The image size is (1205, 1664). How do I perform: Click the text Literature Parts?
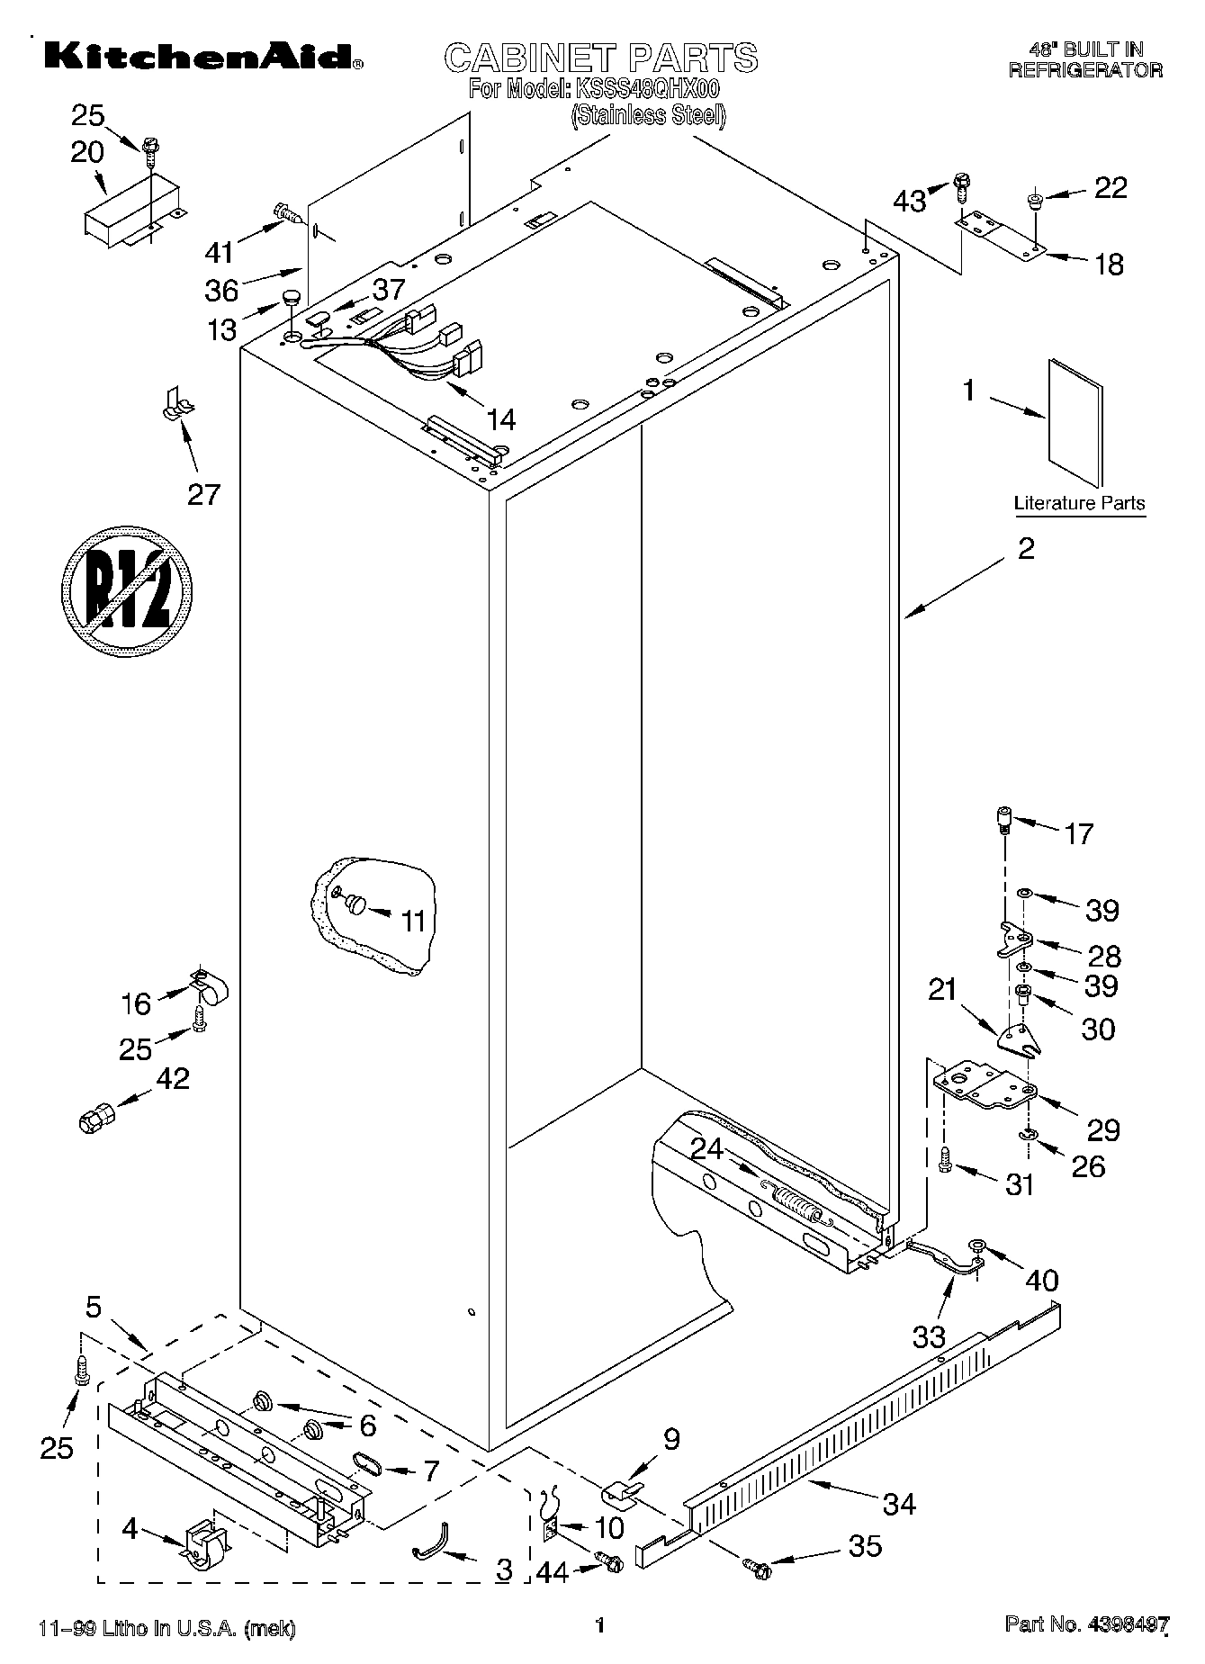pos(1079,503)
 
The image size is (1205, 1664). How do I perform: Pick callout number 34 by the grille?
pos(899,1503)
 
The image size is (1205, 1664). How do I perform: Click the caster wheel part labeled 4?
pos(207,1543)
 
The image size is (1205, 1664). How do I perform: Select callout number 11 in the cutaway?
pos(412,921)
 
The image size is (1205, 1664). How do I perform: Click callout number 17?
pos(1079,834)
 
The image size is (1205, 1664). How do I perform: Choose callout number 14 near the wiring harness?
pos(500,418)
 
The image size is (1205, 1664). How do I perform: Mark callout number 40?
pos(1042,1280)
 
